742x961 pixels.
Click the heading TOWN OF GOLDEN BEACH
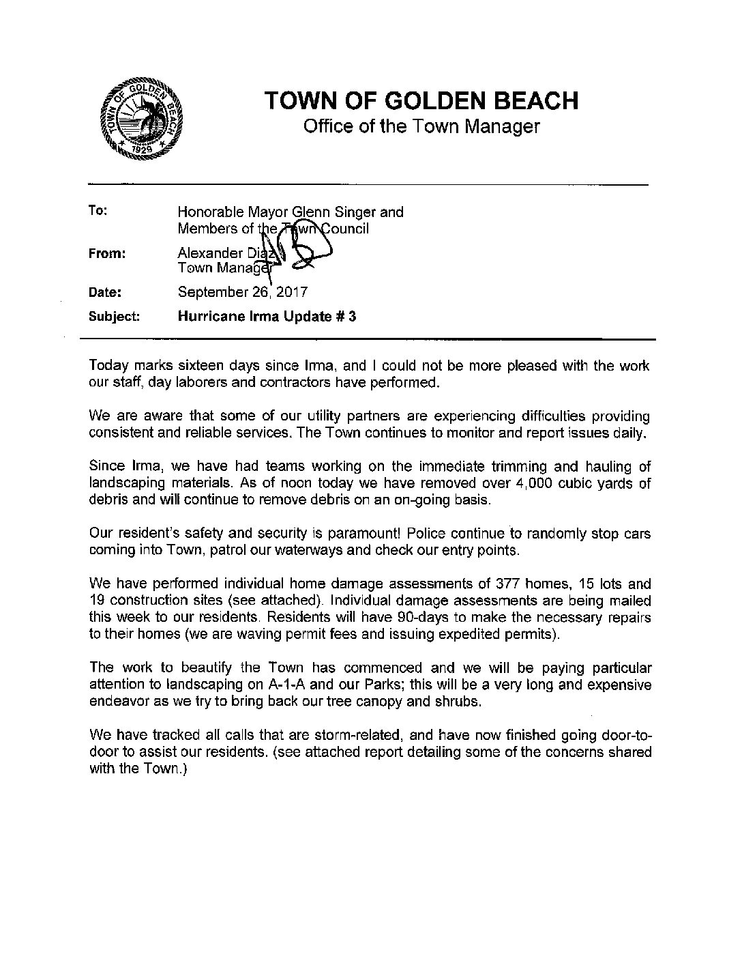coord(421,100)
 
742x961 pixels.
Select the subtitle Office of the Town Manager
coord(421,127)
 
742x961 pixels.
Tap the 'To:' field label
coord(98,211)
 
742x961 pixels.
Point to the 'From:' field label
coord(106,253)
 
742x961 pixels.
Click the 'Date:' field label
coord(105,293)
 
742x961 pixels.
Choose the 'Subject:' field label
coord(115,317)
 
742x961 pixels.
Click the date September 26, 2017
coord(242,293)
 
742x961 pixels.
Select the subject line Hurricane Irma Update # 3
coord(267,317)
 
